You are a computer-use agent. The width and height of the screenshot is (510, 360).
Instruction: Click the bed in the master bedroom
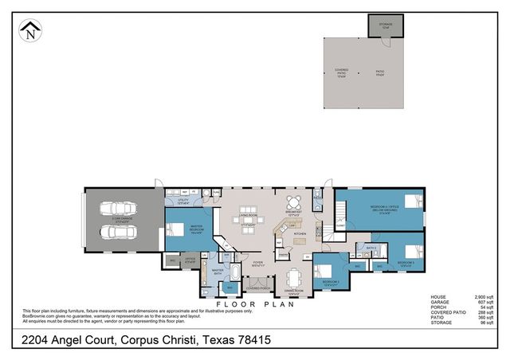tap(178, 233)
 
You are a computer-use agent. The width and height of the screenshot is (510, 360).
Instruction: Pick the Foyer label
tap(257, 261)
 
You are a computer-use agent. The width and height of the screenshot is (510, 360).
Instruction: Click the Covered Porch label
tap(257, 288)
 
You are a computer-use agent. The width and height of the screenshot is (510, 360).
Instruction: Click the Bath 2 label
tap(371, 248)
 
